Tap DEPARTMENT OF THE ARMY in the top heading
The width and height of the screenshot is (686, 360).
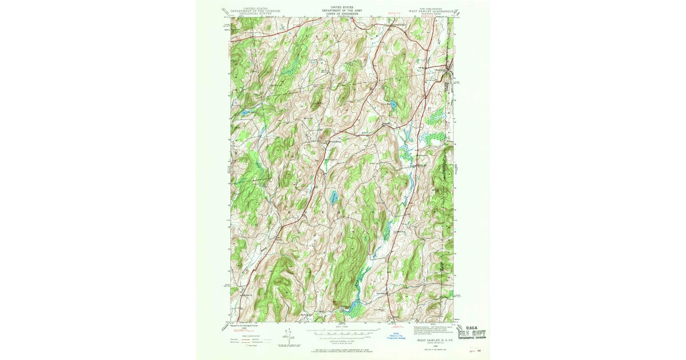pos(341,10)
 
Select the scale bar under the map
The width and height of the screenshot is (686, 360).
pos(341,330)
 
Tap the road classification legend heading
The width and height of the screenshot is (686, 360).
pos(239,335)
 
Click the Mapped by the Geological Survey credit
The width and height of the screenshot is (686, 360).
pos(240,326)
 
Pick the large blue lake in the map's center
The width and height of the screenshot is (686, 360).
pos(333,198)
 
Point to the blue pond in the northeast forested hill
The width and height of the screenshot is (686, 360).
pos(392,104)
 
